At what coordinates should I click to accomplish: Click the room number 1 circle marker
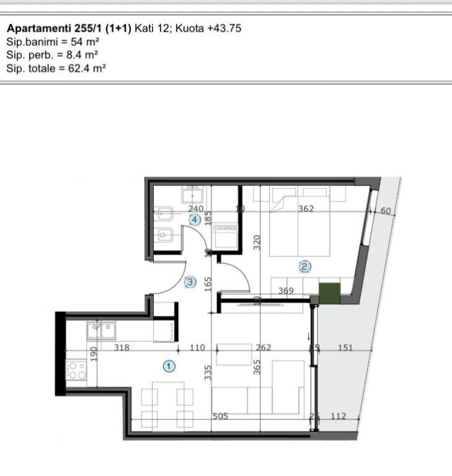pos(169,366)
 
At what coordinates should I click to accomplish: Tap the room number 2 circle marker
pos(304,267)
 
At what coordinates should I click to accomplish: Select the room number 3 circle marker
pos(190,282)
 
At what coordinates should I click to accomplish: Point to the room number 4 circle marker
pos(195,219)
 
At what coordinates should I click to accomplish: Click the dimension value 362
pos(306,209)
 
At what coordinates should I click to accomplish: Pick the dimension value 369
pos(286,291)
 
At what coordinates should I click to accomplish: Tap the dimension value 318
pos(122,348)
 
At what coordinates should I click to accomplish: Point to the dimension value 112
pos(338,416)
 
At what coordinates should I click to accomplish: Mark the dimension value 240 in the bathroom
pos(196,209)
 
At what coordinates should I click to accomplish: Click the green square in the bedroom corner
pos(329,293)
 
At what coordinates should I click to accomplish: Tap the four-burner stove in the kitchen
pos(77,371)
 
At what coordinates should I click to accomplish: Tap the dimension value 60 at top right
pos(386,211)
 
